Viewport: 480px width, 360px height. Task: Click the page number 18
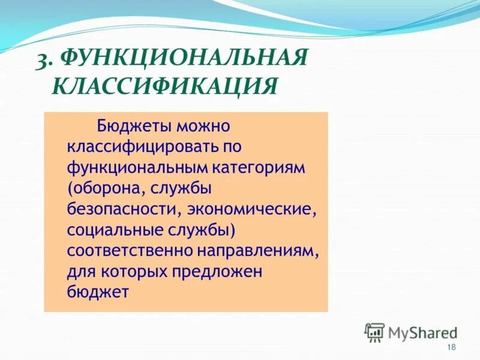452,348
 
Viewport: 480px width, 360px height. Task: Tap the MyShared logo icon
374,332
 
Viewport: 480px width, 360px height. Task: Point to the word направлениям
266,251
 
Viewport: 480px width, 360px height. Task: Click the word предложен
226,272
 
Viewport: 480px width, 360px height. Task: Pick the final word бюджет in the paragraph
98,293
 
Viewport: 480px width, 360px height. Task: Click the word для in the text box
80,272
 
